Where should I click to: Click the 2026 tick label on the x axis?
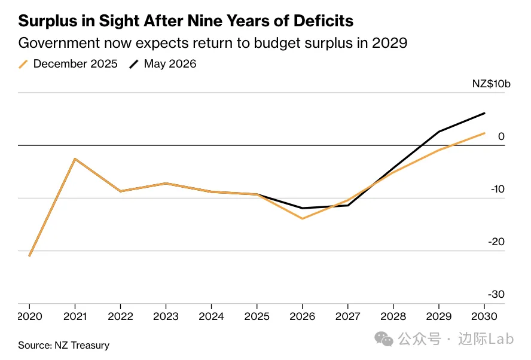pos(302,316)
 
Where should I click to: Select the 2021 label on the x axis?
pos(75,316)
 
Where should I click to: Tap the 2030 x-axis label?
pos(484,316)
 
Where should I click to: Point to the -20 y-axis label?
pos(496,242)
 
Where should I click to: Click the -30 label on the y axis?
pos(496,294)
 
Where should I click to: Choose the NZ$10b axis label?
pos(491,84)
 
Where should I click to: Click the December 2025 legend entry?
pos(68,63)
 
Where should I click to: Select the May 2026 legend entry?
pos(163,63)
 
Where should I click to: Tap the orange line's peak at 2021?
pos(75,158)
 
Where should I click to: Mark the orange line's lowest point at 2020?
pos(29,255)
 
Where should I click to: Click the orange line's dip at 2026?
pos(302,218)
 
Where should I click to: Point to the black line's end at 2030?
pos(484,113)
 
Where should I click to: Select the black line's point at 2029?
pos(439,132)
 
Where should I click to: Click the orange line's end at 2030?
pos(484,133)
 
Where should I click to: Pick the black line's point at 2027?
pos(348,205)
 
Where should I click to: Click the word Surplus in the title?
pos(48,22)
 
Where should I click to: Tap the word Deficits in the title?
pos(324,21)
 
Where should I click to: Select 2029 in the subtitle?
pos(389,43)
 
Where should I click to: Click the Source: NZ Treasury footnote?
pos(63,345)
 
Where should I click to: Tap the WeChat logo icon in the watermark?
pos(384,339)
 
